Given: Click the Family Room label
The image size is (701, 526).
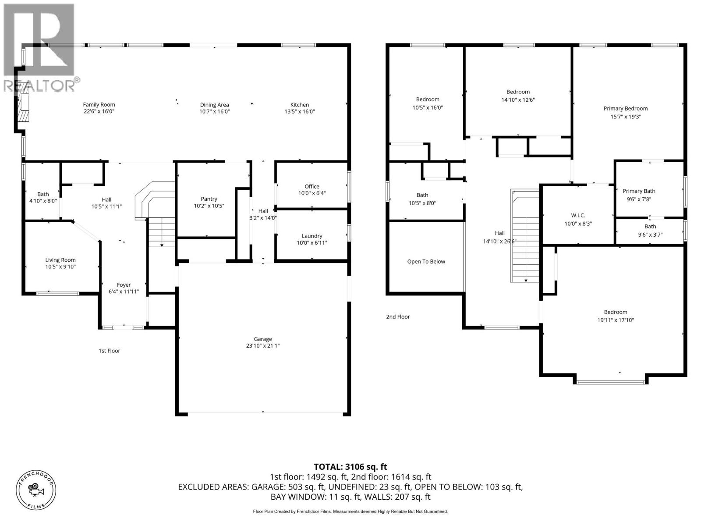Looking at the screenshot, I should click(99, 104).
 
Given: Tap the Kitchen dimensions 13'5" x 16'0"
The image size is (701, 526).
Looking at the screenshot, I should click(300, 112).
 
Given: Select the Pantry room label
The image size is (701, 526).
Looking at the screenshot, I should click(209, 199).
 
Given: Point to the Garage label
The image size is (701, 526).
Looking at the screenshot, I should click(263, 339).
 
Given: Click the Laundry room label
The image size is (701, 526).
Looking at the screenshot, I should click(312, 236).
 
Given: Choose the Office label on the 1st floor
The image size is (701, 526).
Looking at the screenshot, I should click(312, 186).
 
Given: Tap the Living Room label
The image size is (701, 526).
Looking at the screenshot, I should click(60, 260).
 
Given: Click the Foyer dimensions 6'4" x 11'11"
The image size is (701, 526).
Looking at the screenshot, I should click(124, 291).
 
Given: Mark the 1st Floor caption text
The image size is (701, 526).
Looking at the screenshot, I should click(109, 351).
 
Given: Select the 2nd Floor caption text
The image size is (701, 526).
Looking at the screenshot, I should click(398, 316).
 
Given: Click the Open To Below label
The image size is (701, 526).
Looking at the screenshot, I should click(426, 262).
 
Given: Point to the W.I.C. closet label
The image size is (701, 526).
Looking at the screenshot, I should click(578, 216).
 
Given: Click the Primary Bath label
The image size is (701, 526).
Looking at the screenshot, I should click(639, 191).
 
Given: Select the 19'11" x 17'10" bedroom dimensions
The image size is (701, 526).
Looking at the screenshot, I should click(616, 320).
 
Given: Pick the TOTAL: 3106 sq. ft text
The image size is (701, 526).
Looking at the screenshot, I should click(350, 467).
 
